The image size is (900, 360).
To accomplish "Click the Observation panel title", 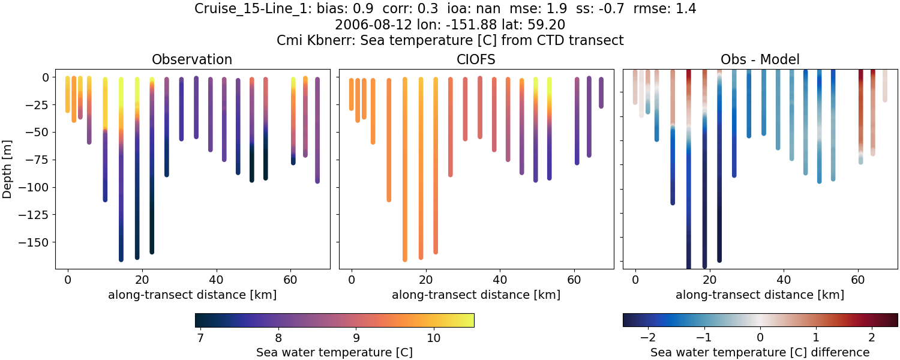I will [192, 59].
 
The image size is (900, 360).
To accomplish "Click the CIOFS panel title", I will [476, 59].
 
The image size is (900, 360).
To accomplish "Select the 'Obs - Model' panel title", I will [760, 59].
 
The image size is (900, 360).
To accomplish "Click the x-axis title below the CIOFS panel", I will [476, 295].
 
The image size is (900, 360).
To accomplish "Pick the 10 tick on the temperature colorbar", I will [434, 338].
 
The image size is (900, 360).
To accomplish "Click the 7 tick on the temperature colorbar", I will [200, 338].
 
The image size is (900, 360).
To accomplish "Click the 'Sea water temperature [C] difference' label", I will [760, 352].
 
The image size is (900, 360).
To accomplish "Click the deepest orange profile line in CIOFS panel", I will [405, 180].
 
